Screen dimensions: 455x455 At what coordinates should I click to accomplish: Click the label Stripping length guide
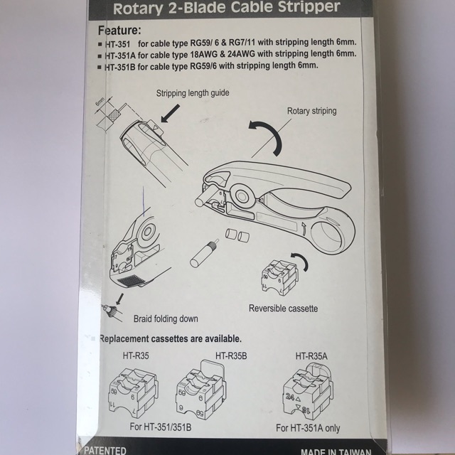coord(197,93)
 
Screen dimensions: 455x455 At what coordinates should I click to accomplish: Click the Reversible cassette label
coord(283,309)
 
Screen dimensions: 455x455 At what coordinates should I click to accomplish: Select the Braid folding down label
coord(166,318)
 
